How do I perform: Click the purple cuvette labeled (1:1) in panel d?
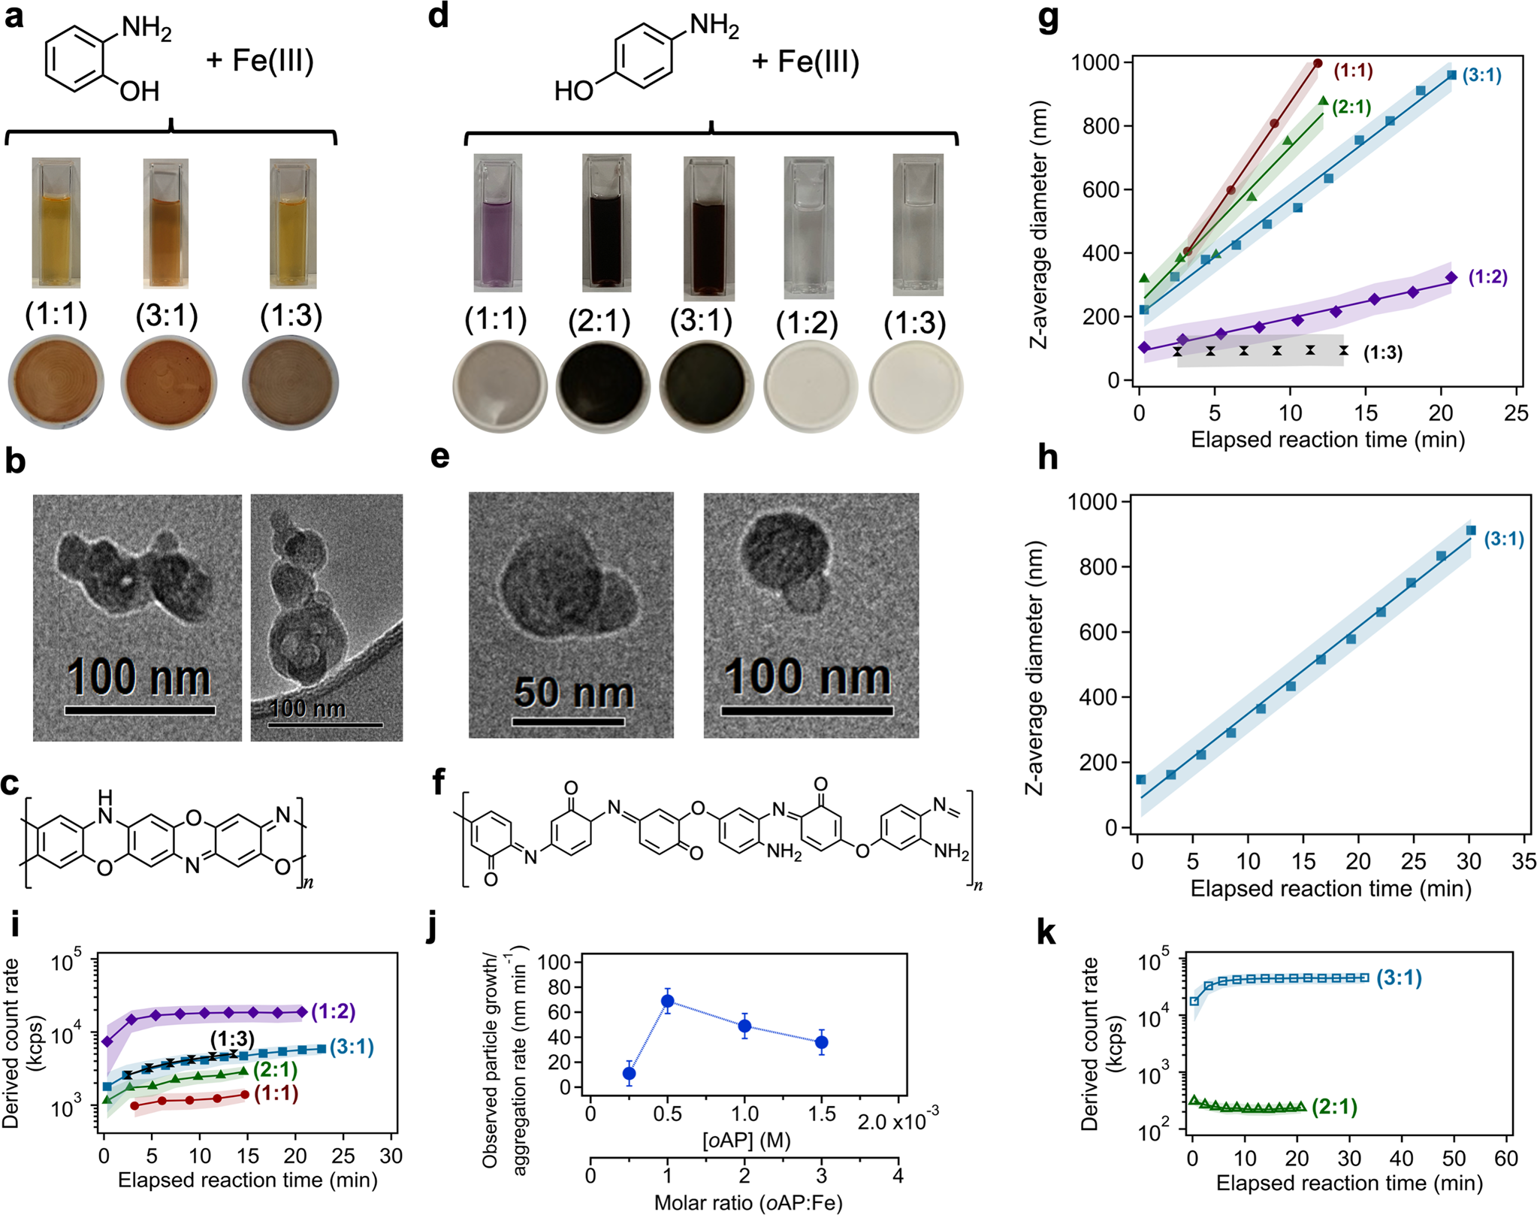coord(497,225)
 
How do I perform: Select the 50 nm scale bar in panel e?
coord(568,721)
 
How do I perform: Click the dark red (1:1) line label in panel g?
coord(1353,71)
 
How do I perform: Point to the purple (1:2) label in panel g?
coord(1487,277)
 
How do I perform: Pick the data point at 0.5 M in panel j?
coord(667,1001)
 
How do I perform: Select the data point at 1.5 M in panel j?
coord(822,1042)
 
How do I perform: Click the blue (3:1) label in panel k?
coord(1399,978)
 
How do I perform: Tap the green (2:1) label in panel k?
coord(1334,1107)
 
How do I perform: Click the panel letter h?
coord(1047,458)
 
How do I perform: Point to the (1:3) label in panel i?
coord(232,1039)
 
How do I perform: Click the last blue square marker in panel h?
coord(1471,530)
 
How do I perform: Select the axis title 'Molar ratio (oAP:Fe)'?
coord(748,1203)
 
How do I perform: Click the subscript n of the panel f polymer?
coord(978,886)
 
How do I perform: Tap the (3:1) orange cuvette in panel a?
coord(166,225)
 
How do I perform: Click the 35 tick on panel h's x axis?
coord(1523,861)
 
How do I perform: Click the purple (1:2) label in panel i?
coord(333,1011)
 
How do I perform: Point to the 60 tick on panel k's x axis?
coord(1506,1158)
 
